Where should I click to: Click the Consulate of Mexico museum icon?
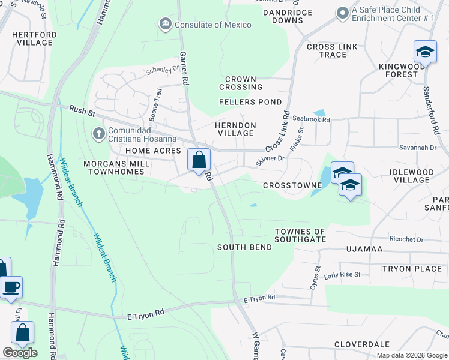click(165, 25)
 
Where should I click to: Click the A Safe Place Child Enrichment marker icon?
click(343, 13)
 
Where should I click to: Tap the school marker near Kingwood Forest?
click(425, 52)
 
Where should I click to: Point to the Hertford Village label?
click(34, 39)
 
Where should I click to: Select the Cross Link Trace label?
click(327, 51)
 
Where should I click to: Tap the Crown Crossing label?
click(241, 83)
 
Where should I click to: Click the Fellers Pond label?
click(250, 102)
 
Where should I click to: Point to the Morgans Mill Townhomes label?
click(106, 167)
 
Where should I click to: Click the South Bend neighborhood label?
click(241, 247)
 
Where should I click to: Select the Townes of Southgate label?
click(300, 235)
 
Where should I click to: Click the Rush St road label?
click(79, 110)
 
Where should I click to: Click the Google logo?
click(20, 353)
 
